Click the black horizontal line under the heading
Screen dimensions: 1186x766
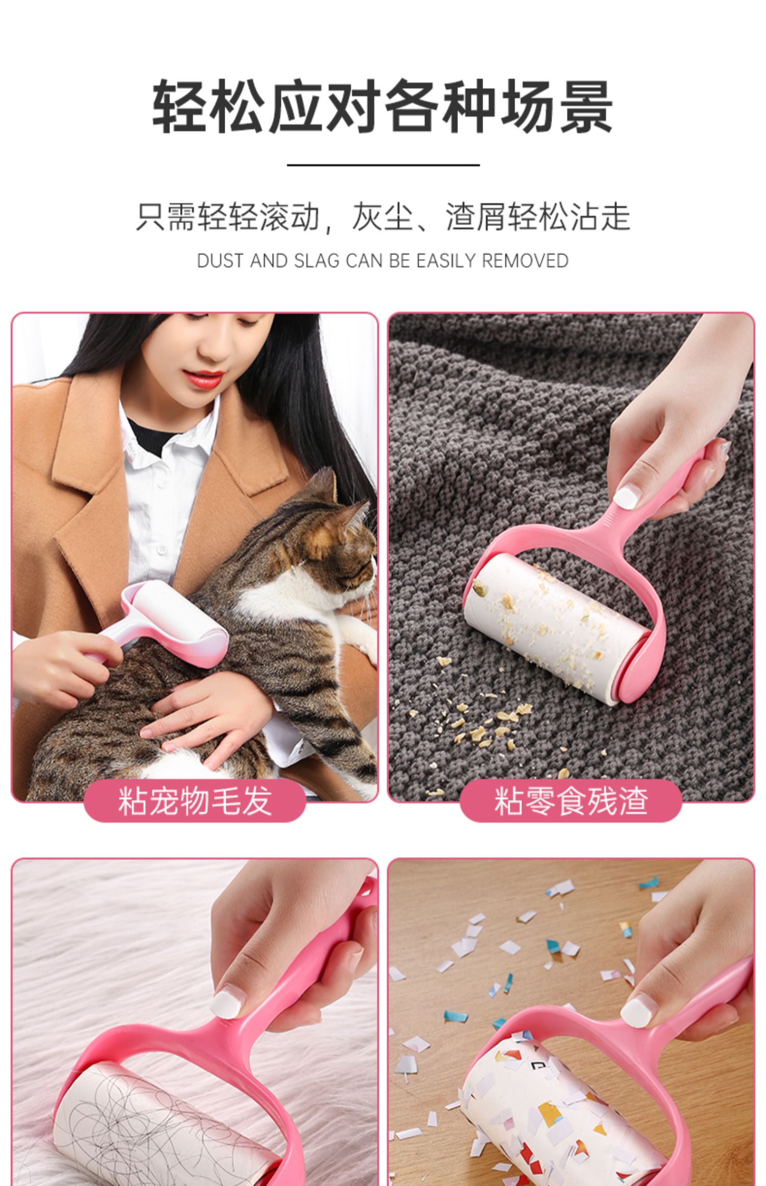point(383,165)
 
